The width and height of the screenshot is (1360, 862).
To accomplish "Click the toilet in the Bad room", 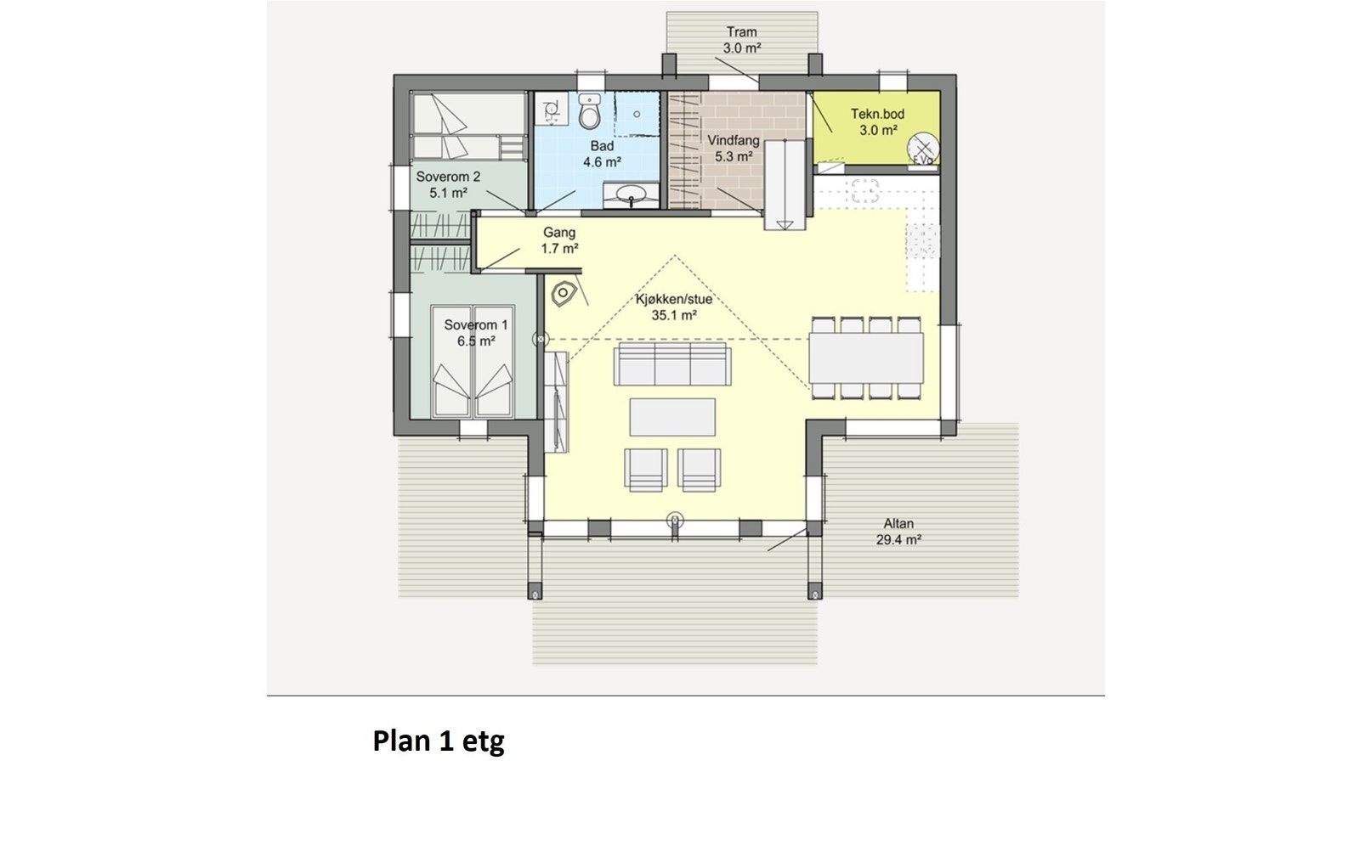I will click(x=590, y=112).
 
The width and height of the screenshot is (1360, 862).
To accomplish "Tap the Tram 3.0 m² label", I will click(x=741, y=40).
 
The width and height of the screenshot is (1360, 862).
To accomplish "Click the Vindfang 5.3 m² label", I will click(x=733, y=148).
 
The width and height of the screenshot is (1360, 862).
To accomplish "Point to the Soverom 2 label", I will click(x=448, y=184).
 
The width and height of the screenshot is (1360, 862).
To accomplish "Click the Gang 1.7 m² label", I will click(x=559, y=240).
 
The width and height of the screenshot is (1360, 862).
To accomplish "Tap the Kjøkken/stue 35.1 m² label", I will click(x=674, y=307).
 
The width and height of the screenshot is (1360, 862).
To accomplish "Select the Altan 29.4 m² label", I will click(x=898, y=531).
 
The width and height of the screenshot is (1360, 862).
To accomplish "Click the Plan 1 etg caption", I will click(x=439, y=741).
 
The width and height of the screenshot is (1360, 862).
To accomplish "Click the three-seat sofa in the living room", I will click(x=673, y=364).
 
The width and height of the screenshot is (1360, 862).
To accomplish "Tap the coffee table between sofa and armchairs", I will click(x=672, y=417).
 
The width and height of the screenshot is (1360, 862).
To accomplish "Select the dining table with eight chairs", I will click(x=865, y=358).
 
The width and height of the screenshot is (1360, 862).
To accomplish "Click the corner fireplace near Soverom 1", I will click(x=564, y=295).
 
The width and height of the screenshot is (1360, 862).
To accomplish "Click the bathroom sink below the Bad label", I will click(x=631, y=195).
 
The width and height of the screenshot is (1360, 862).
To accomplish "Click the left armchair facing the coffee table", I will click(x=645, y=469).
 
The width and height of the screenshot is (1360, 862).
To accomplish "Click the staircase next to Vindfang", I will click(x=785, y=185).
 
